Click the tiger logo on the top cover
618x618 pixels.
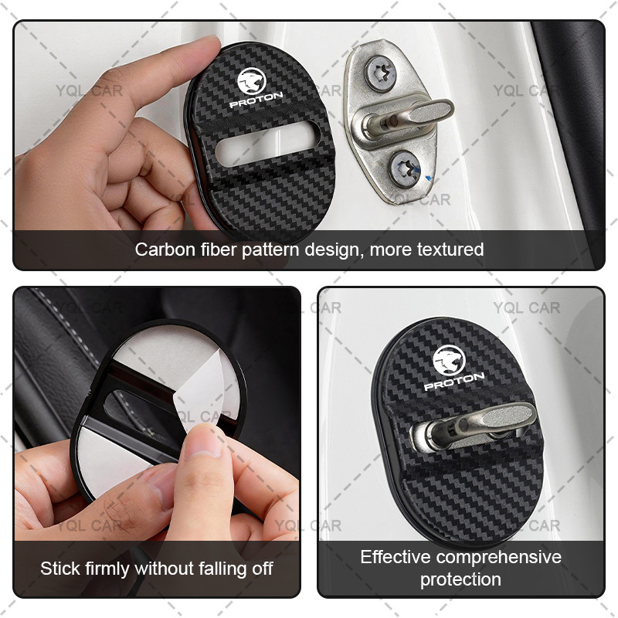point(252,81)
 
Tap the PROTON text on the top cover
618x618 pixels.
point(256,100)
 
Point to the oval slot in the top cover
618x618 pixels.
point(267,142)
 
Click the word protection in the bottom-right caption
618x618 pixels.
point(460,579)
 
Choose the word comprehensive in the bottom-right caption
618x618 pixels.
point(499,558)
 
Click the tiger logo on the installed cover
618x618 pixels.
point(449,361)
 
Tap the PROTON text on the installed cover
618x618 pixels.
point(454,381)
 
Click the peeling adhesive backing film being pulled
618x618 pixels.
point(204,390)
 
